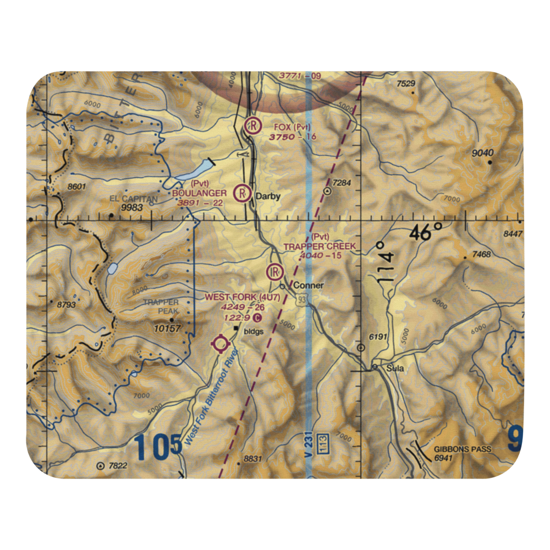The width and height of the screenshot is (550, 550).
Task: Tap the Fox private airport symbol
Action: click(252, 127)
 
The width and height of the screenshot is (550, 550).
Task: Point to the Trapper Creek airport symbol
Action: click(274, 271)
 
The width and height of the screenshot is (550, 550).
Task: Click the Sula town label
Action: click(394, 368)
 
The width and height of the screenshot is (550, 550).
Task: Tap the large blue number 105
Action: click(157, 447)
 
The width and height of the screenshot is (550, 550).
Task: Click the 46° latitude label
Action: click(426, 233)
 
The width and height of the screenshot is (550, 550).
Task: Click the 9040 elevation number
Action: click(482, 153)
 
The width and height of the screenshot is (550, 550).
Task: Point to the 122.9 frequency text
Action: click(237, 318)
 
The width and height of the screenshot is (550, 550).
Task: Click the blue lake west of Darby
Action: click(191, 171)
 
